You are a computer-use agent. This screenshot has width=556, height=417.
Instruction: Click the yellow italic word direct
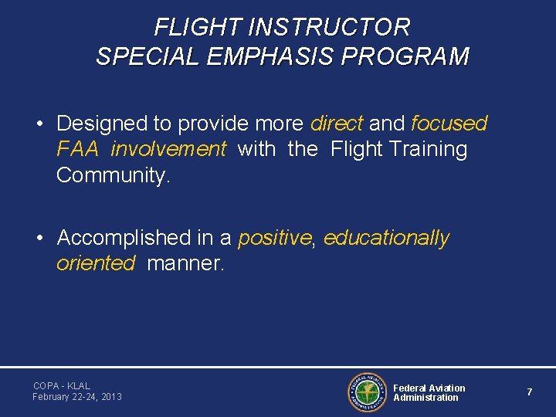(336, 124)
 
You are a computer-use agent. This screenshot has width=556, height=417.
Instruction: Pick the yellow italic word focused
(449, 124)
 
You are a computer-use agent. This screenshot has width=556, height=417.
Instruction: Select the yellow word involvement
(168, 149)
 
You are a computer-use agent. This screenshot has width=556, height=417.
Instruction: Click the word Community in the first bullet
(110, 175)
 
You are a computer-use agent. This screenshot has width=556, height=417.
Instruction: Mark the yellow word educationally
(386, 238)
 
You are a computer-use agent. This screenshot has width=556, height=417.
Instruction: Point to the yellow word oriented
(96, 263)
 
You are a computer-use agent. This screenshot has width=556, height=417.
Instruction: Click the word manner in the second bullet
(184, 263)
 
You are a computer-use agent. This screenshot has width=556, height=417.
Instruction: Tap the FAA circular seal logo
(367, 392)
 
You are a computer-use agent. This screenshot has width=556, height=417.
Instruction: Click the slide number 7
(530, 392)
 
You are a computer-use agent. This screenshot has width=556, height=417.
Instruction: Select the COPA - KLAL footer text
(62, 385)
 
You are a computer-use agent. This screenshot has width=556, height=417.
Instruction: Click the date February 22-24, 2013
(77, 397)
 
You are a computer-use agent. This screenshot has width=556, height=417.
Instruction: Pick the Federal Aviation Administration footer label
(429, 392)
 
